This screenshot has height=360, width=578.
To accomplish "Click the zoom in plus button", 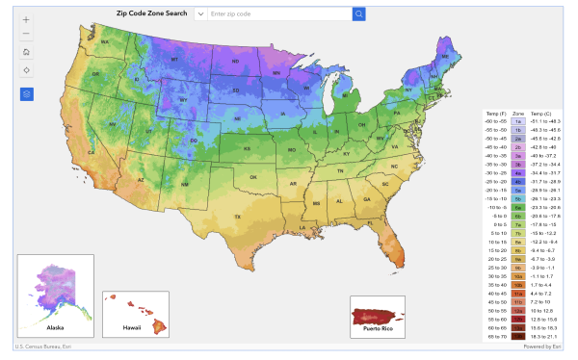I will pos(26,19).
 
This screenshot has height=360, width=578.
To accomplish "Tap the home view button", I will pos(26,51).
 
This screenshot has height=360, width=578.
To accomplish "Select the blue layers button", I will pos(26,94).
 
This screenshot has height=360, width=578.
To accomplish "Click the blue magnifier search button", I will pos(358,14).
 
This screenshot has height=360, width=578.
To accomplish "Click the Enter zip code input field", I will pos(278,14).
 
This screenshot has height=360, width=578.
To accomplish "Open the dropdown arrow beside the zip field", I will pos(200,14).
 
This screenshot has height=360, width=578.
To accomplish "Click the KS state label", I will pos(247,149).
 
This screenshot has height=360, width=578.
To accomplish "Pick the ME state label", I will pos(446,58).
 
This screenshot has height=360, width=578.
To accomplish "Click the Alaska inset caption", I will pos(55,328).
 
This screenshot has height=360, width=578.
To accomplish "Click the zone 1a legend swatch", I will pos(518,122).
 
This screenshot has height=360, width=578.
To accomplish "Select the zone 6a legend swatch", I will pos(518,206).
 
